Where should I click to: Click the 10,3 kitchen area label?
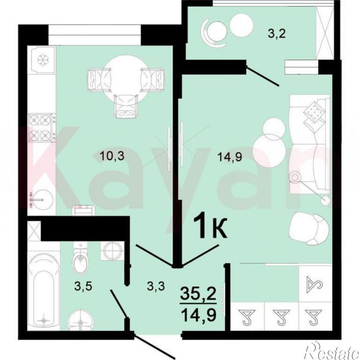coord(112,156)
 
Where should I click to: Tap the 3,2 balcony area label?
coord(277,34)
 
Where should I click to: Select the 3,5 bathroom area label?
coord(83,287)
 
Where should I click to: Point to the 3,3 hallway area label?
coord(156,286)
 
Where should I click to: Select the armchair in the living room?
coord(309,228)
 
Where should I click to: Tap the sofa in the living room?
coord(310,144)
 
